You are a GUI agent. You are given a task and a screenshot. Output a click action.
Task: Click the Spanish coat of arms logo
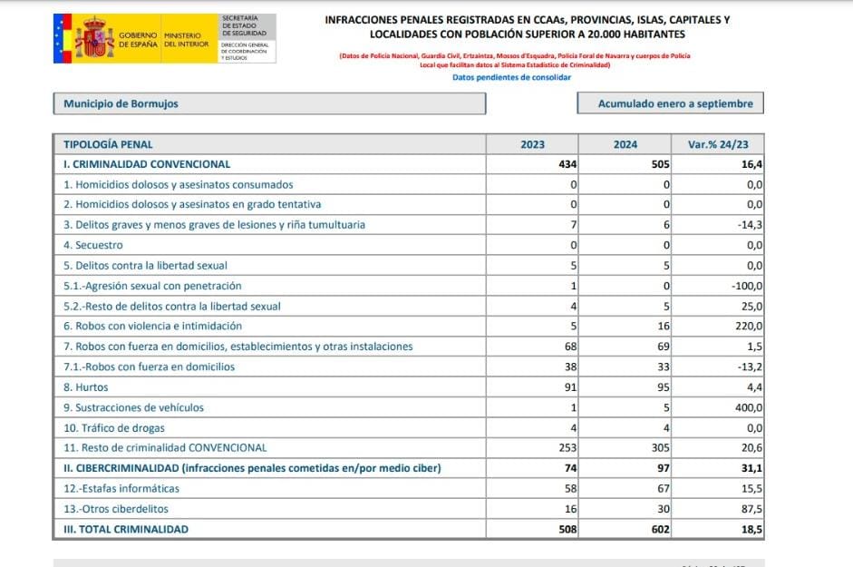point(94,38)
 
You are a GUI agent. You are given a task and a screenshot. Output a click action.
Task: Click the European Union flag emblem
point(61,38)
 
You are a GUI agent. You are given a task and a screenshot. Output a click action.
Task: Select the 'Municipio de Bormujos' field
point(269,103)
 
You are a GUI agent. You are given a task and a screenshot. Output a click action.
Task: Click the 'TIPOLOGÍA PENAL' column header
point(109,144)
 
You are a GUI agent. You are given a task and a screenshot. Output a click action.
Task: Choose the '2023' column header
point(532,144)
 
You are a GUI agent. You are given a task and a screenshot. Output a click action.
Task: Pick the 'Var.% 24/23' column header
point(719,144)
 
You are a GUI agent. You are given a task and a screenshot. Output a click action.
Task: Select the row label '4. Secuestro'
point(93,245)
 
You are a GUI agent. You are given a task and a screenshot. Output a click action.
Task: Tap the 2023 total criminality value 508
point(567,529)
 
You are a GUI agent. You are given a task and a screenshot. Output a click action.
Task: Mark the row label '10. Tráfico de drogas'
point(113,427)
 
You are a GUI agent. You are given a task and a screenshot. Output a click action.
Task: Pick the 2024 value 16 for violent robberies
point(663,326)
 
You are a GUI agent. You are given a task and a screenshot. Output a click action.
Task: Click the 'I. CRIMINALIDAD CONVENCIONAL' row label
point(147,164)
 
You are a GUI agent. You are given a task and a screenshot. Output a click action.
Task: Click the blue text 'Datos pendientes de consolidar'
point(511,77)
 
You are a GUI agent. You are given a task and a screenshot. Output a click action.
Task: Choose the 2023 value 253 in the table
point(567,447)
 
